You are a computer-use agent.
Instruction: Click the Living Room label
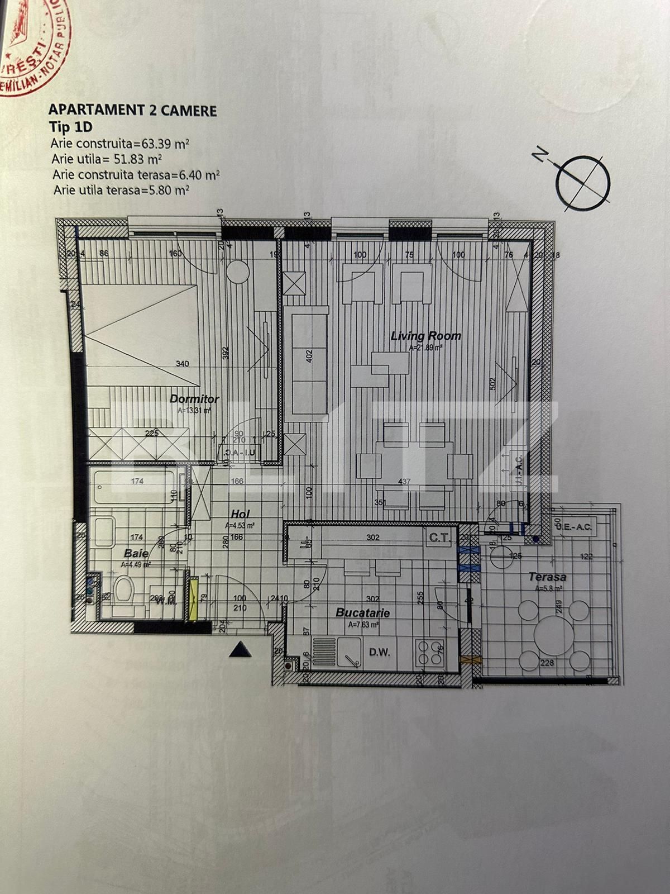pyautogui.click(x=425, y=336)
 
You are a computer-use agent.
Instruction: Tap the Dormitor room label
pyautogui.click(x=194, y=400)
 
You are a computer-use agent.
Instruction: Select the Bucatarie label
pyautogui.click(x=362, y=613)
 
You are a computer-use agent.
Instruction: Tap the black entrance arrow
pyautogui.click(x=241, y=649)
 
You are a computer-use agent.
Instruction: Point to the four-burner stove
pyautogui.click(x=429, y=652)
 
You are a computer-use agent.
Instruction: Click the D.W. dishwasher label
pyautogui.click(x=379, y=652)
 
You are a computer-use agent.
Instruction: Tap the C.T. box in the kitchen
pyautogui.click(x=437, y=539)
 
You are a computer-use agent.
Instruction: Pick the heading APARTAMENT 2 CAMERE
pyautogui.click(x=132, y=110)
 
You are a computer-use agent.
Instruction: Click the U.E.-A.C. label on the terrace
pyautogui.click(x=573, y=526)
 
